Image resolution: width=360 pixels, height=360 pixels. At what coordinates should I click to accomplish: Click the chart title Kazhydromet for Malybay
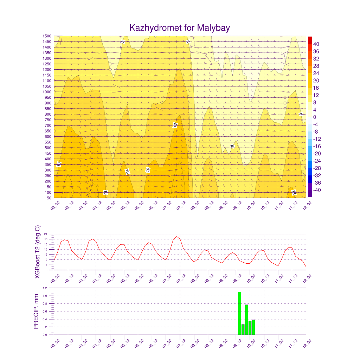point(180,28)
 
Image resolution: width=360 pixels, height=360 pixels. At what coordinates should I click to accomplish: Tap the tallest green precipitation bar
point(239,313)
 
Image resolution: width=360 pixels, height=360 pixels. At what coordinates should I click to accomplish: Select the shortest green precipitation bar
point(243,329)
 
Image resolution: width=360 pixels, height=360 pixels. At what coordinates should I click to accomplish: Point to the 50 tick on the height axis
point(49,198)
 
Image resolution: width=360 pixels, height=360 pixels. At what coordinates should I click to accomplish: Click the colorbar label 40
point(316,44)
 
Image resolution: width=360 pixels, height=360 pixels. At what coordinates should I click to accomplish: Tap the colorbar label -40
point(316,190)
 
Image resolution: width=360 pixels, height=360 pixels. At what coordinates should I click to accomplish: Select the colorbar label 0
point(315,117)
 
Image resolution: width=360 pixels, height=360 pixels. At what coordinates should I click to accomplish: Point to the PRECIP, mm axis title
point(36,311)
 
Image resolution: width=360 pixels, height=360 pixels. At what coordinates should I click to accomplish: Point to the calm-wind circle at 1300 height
point(89,58)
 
